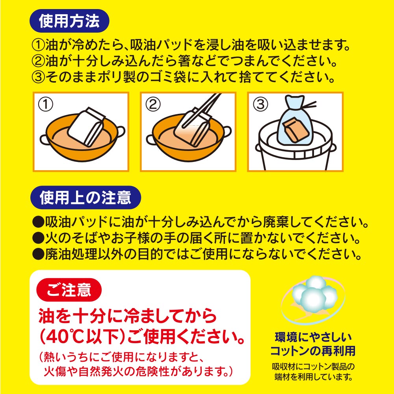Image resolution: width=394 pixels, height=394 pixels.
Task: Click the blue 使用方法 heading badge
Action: [x=69, y=21]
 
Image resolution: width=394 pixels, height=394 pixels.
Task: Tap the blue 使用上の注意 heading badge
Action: [x=85, y=197]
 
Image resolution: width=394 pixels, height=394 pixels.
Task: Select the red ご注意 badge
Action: [x=69, y=290]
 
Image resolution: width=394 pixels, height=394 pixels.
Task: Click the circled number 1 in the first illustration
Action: [x=45, y=104]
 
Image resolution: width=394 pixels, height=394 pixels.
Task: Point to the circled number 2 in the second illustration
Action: [x=153, y=104]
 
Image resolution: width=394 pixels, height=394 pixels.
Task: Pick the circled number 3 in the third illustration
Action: [x=260, y=104]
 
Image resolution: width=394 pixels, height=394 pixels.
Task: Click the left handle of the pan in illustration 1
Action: [x=45, y=139]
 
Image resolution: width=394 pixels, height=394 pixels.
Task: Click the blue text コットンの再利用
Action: [x=313, y=351]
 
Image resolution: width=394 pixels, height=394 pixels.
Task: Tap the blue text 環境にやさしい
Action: [x=313, y=337]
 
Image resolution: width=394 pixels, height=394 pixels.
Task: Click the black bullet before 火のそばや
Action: [x=38, y=238]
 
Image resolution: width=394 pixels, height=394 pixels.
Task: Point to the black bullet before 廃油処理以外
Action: [x=38, y=254]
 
